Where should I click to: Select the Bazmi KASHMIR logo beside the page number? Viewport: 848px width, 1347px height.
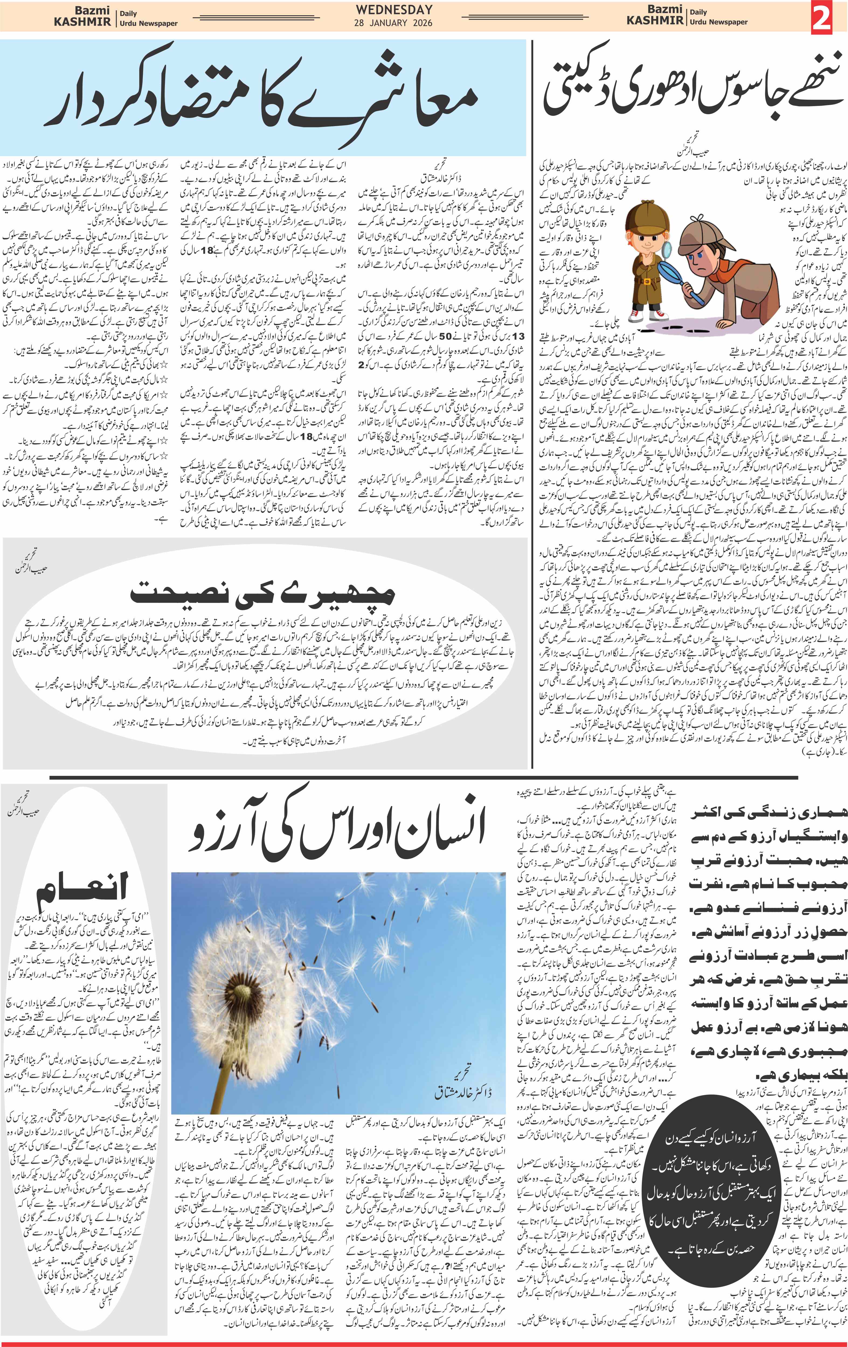point(655,16)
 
